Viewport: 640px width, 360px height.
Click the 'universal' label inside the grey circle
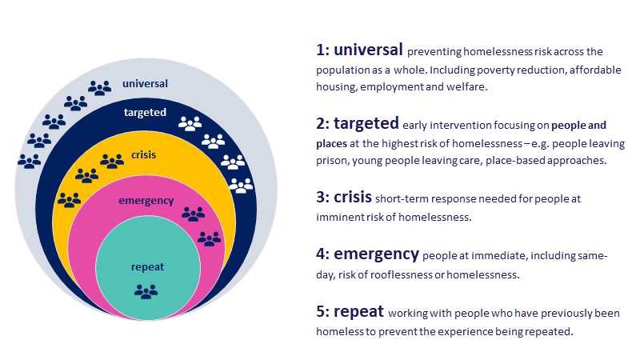tap(145, 84)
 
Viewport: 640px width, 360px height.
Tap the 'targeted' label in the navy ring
tap(145, 112)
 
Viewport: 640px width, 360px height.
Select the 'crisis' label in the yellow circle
tap(144, 154)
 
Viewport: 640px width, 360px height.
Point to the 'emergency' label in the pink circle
tap(146, 201)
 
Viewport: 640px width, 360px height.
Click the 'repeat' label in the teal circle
tap(147, 267)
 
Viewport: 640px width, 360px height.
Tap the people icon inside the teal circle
tap(146, 291)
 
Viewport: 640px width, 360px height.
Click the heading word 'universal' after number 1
tap(368, 50)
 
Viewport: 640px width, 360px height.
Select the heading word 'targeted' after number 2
tap(366, 123)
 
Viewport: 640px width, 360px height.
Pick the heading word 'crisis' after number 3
tap(353, 197)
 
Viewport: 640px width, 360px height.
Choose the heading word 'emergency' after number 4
tap(376, 254)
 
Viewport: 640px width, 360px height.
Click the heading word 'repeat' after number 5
tap(358, 311)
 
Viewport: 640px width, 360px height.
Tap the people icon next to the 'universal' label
tap(99, 88)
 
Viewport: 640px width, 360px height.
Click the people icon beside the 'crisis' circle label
tap(112, 161)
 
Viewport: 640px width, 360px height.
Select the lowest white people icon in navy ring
tap(241, 186)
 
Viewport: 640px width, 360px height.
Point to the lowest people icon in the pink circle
tap(209, 238)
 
